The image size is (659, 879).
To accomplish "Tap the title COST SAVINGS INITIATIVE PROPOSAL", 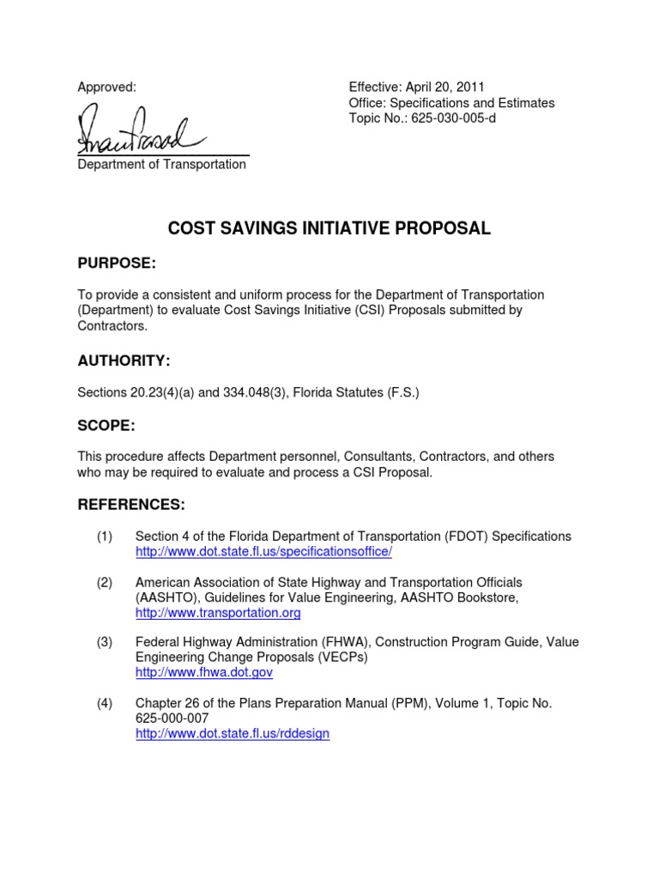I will (329, 228).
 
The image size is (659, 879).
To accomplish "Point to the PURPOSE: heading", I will (117, 262).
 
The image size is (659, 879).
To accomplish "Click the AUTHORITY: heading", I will (123, 361).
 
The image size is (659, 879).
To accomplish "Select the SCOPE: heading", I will (106, 426).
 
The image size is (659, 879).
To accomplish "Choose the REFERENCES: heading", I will (131, 503).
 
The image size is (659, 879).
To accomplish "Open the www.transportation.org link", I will (218, 613).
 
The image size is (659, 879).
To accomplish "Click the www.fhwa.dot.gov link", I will (204, 673).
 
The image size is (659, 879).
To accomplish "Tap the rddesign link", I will (233, 734).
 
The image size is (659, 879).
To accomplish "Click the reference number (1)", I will (105, 536).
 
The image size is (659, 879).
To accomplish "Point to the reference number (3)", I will (105, 642).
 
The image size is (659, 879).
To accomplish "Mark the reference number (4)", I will (105, 703).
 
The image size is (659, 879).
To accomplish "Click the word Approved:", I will (107, 87).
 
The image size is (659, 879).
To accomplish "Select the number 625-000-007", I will (172, 718).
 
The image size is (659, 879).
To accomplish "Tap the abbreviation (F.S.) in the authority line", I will (400, 392).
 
